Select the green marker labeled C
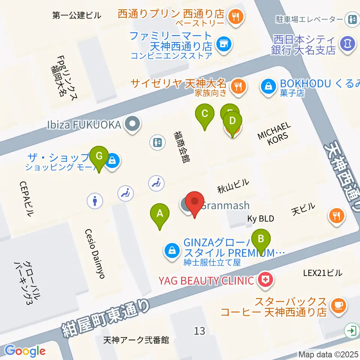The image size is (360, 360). point(205,114)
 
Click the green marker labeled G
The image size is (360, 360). point(99,156)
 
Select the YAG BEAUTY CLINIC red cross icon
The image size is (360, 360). point(265,280)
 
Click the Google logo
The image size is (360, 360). point(25,350)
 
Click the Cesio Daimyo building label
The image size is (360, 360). point(94,253)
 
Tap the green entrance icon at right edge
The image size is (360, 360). point(352,330)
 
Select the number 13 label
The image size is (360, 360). point(199,331)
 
